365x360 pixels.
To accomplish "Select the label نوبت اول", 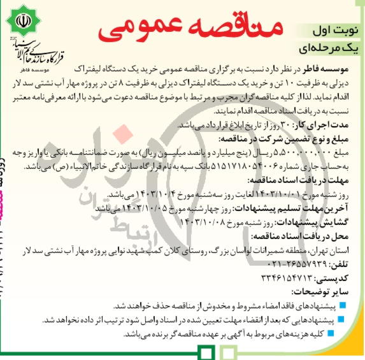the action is pos(332,29).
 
